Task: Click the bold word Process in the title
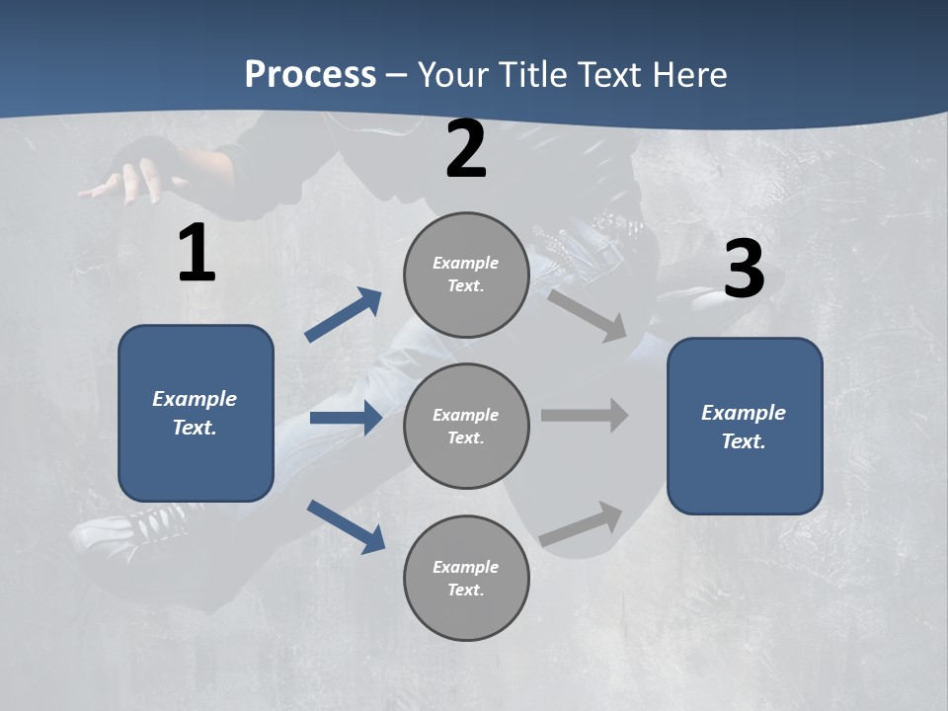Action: [x=310, y=74]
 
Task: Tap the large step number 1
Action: [x=196, y=254]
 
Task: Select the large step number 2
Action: [x=466, y=149]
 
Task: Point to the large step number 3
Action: [x=744, y=269]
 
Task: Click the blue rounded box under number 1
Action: [x=196, y=413]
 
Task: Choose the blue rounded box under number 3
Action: [x=745, y=427]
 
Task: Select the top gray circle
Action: [x=466, y=275]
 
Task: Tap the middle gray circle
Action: [x=466, y=427]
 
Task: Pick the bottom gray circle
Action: [x=466, y=579]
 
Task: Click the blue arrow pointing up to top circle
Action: [x=344, y=315]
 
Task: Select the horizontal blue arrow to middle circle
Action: [x=346, y=418]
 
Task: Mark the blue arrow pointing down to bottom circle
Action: [x=346, y=525]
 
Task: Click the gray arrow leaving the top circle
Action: [x=588, y=314]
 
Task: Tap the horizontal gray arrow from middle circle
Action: [x=585, y=416]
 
